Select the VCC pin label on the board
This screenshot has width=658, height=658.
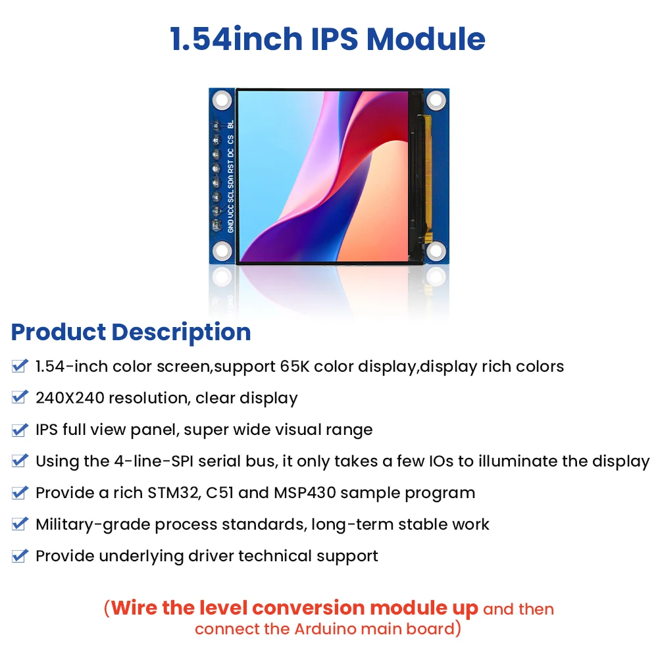pos(230,210)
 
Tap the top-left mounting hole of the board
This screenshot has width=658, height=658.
pos(222,100)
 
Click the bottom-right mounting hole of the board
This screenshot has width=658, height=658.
pos(436,251)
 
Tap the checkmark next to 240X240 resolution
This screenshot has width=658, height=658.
pos(20,397)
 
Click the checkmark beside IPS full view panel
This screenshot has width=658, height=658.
pos(20,430)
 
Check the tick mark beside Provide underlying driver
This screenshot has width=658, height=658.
pos(20,556)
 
